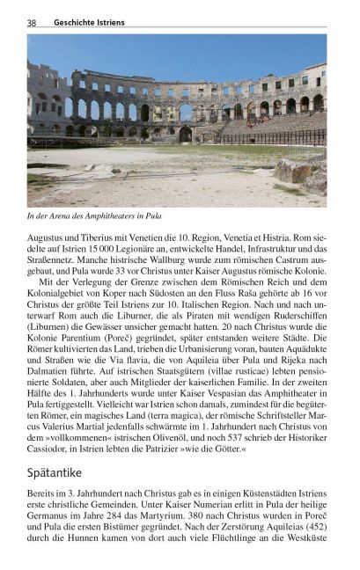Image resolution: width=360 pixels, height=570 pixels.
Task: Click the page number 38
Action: tap(32, 23)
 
